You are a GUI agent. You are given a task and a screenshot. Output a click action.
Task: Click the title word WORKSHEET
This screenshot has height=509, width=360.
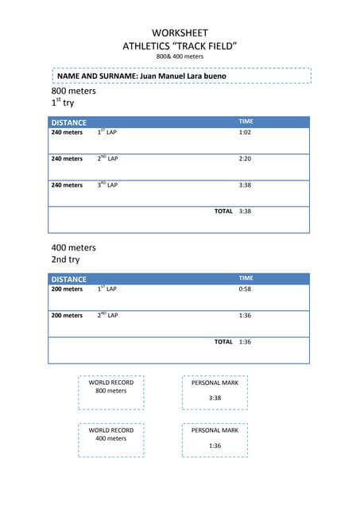pyautogui.click(x=180, y=33)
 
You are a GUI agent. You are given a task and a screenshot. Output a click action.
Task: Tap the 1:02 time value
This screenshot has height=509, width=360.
pyautogui.click(x=245, y=133)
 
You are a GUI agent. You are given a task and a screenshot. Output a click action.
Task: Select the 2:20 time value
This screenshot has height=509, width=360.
pyautogui.click(x=245, y=159)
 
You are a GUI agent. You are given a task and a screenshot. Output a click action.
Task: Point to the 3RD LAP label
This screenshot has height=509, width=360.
pyautogui.click(x=107, y=185)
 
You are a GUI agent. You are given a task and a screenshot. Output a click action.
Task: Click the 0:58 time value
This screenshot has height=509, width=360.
pyautogui.click(x=245, y=289)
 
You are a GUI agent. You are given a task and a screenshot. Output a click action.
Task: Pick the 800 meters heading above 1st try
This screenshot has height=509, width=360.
pyautogui.click(x=73, y=91)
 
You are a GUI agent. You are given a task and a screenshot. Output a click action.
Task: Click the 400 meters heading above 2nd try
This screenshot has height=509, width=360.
pyautogui.click(x=73, y=247)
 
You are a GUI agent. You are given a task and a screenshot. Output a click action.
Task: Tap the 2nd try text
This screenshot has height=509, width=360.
pyautogui.click(x=65, y=260)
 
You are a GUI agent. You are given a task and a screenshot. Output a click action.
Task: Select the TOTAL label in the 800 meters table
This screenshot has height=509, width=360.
pyautogui.click(x=223, y=212)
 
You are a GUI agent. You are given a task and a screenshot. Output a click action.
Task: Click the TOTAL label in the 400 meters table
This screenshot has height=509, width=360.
pyautogui.click(x=223, y=342)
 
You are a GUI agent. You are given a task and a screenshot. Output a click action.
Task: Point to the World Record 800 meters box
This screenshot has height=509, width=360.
pyautogui.click(x=111, y=391)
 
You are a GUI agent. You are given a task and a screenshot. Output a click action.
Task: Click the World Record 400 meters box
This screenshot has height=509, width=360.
pyautogui.click(x=111, y=439)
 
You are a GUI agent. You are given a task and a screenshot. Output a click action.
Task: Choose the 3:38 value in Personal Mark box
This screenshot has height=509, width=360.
pyautogui.click(x=215, y=398)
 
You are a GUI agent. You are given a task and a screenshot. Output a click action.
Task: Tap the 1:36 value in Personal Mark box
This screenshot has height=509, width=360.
pyautogui.click(x=215, y=445)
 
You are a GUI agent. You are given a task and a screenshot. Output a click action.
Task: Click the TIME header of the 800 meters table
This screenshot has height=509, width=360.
pyautogui.click(x=246, y=122)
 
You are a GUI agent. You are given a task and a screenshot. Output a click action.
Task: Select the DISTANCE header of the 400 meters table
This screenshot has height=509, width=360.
pyautogui.click(x=69, y=279)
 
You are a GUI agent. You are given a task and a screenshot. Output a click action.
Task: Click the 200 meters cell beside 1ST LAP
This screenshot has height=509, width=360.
pyautogui.click(x=67, y=289)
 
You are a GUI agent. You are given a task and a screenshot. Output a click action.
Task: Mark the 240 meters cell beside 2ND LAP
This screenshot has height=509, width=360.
pyautogui.click(x=67, y=159)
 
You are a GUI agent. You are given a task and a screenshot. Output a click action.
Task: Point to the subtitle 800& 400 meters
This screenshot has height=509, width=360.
pyautogui.click(x=180, y=57)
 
